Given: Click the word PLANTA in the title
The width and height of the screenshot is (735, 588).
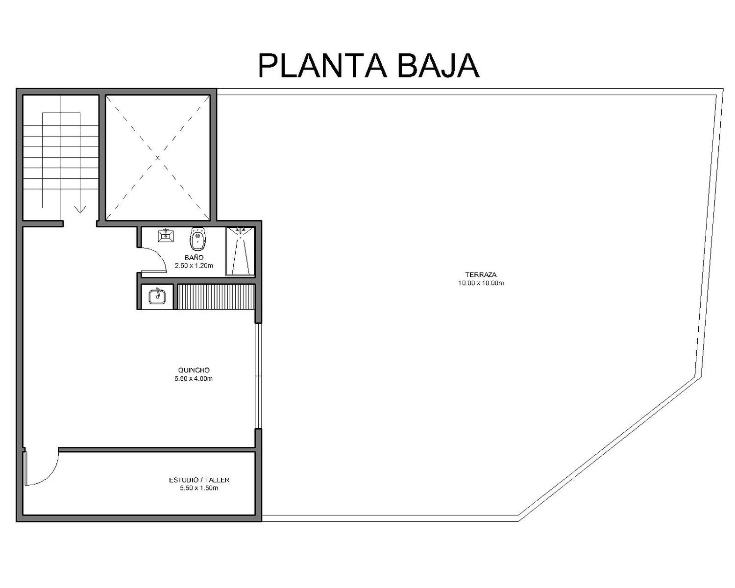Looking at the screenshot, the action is [x=322, y=65].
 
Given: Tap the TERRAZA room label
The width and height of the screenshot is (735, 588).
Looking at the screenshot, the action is [x=481, y=274].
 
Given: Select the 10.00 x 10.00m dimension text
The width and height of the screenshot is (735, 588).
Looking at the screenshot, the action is [x=481, y=283].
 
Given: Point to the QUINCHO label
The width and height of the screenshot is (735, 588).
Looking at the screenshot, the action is [x=194, y=370].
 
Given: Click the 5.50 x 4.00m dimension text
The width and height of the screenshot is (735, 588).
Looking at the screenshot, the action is [x=194, y=379].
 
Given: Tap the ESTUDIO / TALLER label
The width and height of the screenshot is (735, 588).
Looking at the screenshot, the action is [x=199, y=480].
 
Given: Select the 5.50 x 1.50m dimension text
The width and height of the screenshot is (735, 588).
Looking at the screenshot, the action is [x=199, y=488].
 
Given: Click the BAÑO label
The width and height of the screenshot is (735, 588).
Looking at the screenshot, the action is [x=194, y=258].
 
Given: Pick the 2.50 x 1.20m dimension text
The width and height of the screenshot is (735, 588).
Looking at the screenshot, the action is [x=194, y=266].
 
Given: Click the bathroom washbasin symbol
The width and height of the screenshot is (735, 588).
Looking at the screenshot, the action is [x=166, y=235].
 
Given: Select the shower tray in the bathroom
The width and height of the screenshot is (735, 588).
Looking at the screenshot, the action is [x=240, y=251].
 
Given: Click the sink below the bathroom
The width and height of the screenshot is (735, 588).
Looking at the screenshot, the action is [x=157, y=296].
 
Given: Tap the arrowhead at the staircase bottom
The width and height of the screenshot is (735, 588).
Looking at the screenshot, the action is [x=80, y=210].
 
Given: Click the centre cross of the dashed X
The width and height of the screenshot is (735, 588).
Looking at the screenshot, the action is [x=157, y=158].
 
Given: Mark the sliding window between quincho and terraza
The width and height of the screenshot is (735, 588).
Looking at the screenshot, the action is [x=259, y=375].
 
